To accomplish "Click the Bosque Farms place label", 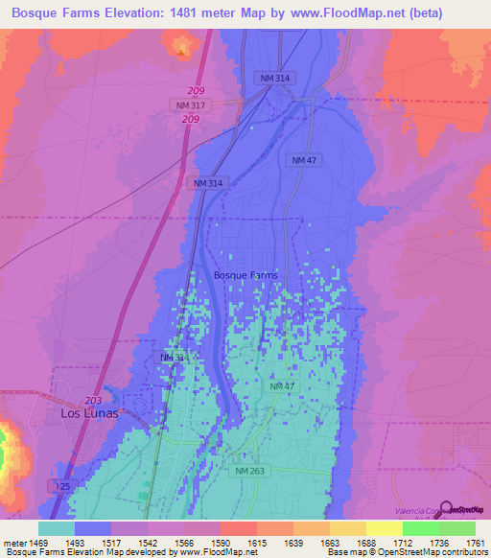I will [x=245, y=275].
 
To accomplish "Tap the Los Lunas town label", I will [x=89, y=413].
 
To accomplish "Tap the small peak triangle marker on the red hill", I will [x=182, y=52].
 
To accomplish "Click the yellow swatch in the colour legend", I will [x=384, y=528].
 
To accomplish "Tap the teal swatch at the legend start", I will [x=57, y=528].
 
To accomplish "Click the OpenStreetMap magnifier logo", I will [x=444, y=511].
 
